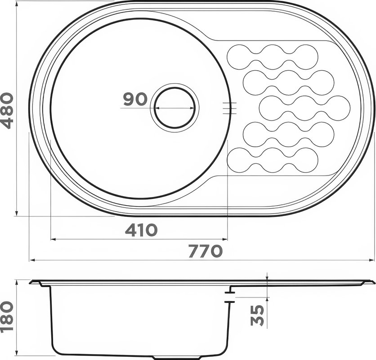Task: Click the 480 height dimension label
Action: (7, 111)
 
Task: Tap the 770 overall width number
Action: (205, 251)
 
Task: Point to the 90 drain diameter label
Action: (135, 99)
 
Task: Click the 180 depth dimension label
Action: (7, 316)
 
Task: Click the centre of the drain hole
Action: (175, 108)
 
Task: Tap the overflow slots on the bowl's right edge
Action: (229, 108)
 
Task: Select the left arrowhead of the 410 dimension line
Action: (53, 239)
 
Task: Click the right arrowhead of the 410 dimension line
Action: (225, 239)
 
